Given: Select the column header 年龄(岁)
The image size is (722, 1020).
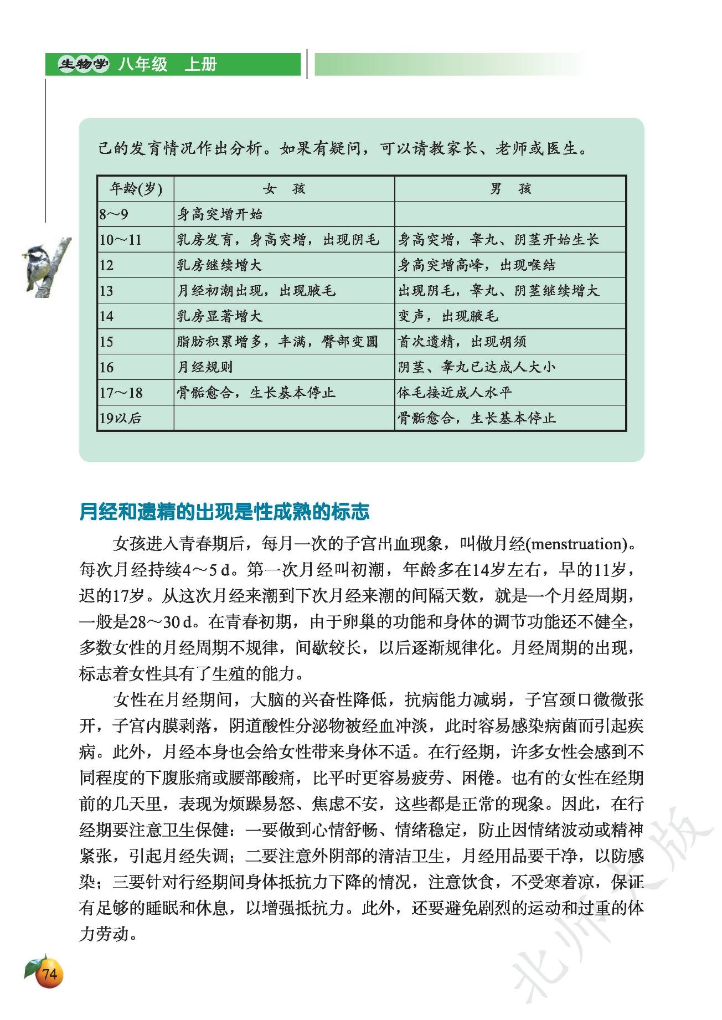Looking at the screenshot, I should click(136, 189).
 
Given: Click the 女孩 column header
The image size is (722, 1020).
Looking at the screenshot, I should click(283, 189).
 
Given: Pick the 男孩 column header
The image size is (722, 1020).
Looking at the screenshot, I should click(510, 189).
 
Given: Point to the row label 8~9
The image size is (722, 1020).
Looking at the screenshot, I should click(114, 214).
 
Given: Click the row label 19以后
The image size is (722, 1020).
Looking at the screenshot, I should click(121, 418).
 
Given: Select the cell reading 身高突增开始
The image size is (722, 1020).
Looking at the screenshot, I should click(220, 214).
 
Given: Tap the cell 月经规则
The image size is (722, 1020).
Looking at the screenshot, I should click(205, 367).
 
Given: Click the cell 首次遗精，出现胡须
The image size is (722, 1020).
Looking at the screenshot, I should click(462, 342).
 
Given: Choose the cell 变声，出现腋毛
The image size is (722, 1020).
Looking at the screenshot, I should click(448, 316).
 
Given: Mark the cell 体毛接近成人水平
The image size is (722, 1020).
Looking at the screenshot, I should click(455, 393).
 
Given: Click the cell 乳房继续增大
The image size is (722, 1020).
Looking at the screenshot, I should click(219, 265).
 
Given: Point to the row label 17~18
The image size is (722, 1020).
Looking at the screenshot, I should click(121, 393).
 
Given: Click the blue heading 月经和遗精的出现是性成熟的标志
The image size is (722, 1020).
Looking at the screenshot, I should click(224, 512).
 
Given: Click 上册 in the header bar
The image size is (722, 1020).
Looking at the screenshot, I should click(200, 65).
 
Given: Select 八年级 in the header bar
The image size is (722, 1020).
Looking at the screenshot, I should click(142, 65).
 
